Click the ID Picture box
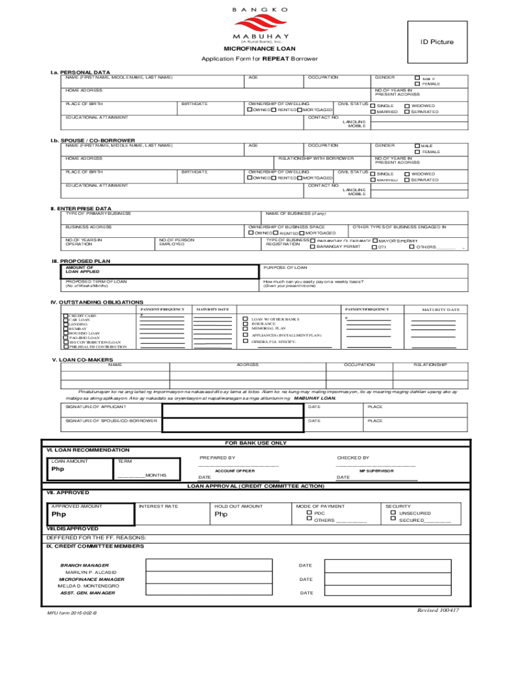437,42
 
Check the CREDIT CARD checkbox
65,315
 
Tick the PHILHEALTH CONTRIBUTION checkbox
65,346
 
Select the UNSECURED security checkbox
393,513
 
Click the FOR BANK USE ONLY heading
256,443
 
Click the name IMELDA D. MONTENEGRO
88,586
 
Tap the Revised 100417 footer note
438,610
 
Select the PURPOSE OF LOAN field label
285,267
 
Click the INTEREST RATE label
158,506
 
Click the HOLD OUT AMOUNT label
239,506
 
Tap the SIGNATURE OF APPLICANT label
96,406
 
